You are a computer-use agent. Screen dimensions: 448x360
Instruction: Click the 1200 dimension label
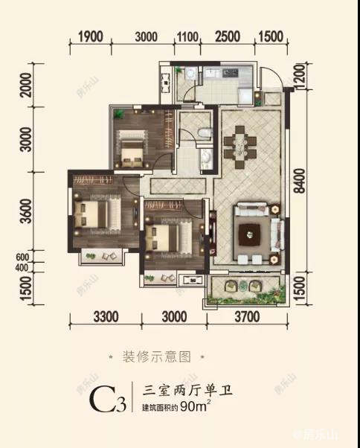299,77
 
